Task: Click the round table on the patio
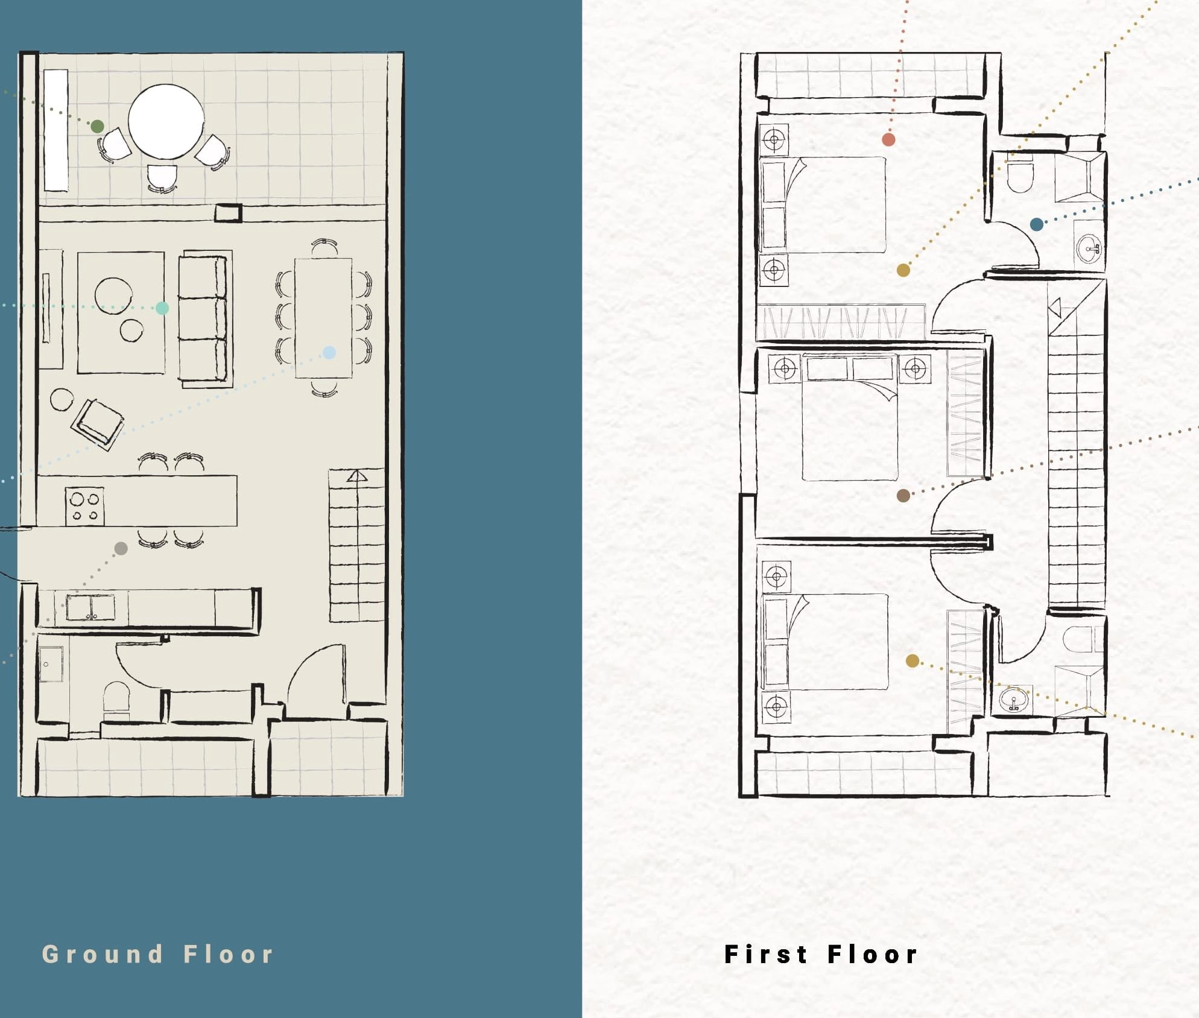[x=166, y=121]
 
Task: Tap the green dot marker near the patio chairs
[x=97, y=127]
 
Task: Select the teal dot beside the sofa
[x=162, y=308]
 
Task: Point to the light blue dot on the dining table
[x=329, y=352]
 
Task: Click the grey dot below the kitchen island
[x=121, y=548]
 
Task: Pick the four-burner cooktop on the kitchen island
[x=85, y=507]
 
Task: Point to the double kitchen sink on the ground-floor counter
[x=90, y=607]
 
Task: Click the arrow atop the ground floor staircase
[x=357, y=476]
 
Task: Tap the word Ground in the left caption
[x=103, y=955]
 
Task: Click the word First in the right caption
[x=766, y=955]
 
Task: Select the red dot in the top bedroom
[x=888, y=140]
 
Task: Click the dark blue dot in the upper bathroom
[x=1037, y=225]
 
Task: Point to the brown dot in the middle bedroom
[x=903, y=496]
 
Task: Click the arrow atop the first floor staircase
[x=1055, y=308]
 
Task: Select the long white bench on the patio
[x=56, y=130]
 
